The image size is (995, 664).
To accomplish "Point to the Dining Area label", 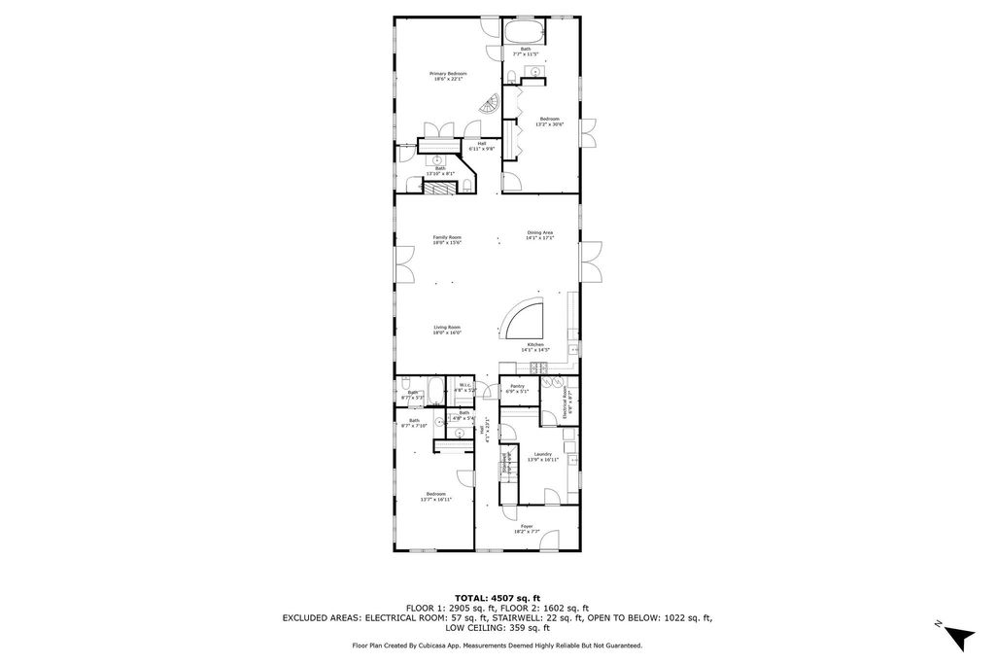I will point(540,234).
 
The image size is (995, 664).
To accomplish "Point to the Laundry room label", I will point(542,456).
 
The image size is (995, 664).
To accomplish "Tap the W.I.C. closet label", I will point(464,386).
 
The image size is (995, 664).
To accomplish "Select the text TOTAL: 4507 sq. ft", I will point(497,598).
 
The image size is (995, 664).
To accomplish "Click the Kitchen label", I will point(537,347).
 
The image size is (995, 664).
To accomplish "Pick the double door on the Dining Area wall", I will point(588,263).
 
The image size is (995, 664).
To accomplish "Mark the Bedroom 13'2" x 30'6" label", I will point(549,122).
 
